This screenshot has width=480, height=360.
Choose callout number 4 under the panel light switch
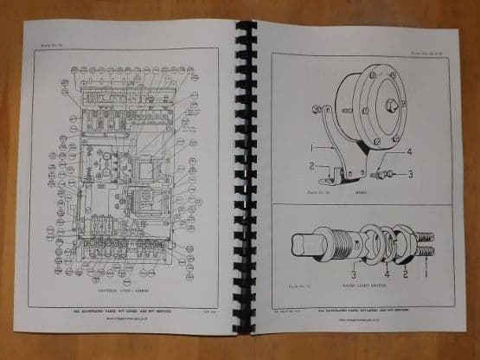386,274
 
